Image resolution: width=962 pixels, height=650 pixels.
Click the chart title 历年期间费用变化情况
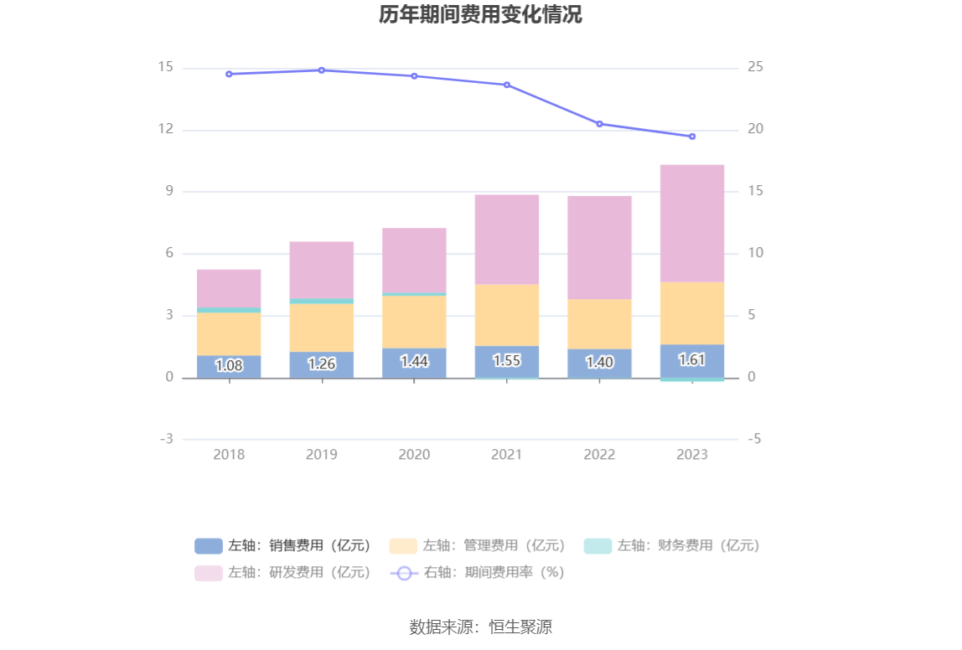pyautogui.click(x=480, y=15)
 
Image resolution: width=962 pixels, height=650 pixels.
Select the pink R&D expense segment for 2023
pyautogui.click(x=692, y=223)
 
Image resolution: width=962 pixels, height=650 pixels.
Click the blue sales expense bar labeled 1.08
pyautogui.click(x=229, y=366)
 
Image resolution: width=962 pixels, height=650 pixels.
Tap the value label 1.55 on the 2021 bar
pyautogui.click(x=507, y=361)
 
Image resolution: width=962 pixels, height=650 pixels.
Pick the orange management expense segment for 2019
pyautogui.click(x=322, y=328)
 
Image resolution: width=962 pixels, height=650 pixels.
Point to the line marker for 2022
pyautogui.click(x=599, y=124)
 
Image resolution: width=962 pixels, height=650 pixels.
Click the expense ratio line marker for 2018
pyautogui.click(x=229, y=74)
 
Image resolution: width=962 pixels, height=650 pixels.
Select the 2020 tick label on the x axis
pyautogui.click(x=414, y=454)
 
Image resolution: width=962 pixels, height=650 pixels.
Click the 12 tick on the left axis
pyautogui.click(x=165, y=130)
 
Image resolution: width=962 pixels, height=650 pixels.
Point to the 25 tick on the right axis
pyautogui.click(x=755, y=68)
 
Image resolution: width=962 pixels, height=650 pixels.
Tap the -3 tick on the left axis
pyautogui.click(x=166, y=439)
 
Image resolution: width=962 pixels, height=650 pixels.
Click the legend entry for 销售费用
pyautogui.click(x=283, y=546)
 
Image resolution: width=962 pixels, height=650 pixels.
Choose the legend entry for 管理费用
pyautogui.click(x=478, y=546)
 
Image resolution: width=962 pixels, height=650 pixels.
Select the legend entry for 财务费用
pyautogui.click(x=672, y=546)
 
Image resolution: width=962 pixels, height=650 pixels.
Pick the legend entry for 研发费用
pyautogui.click(x=283, y=573)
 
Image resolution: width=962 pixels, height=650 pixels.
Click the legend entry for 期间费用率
pyautogui.click(x=478, y=573)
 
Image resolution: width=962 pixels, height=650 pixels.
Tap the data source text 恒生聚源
pyautogui.click(x=520, y=627)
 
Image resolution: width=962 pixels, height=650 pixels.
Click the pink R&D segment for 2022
pyautogui.click(x=599, y=247)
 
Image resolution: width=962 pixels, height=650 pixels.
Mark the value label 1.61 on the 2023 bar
pyautogui.click(x=692, y=360)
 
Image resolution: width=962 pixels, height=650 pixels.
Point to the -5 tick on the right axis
pyautogui.click(x=755, y=439)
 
